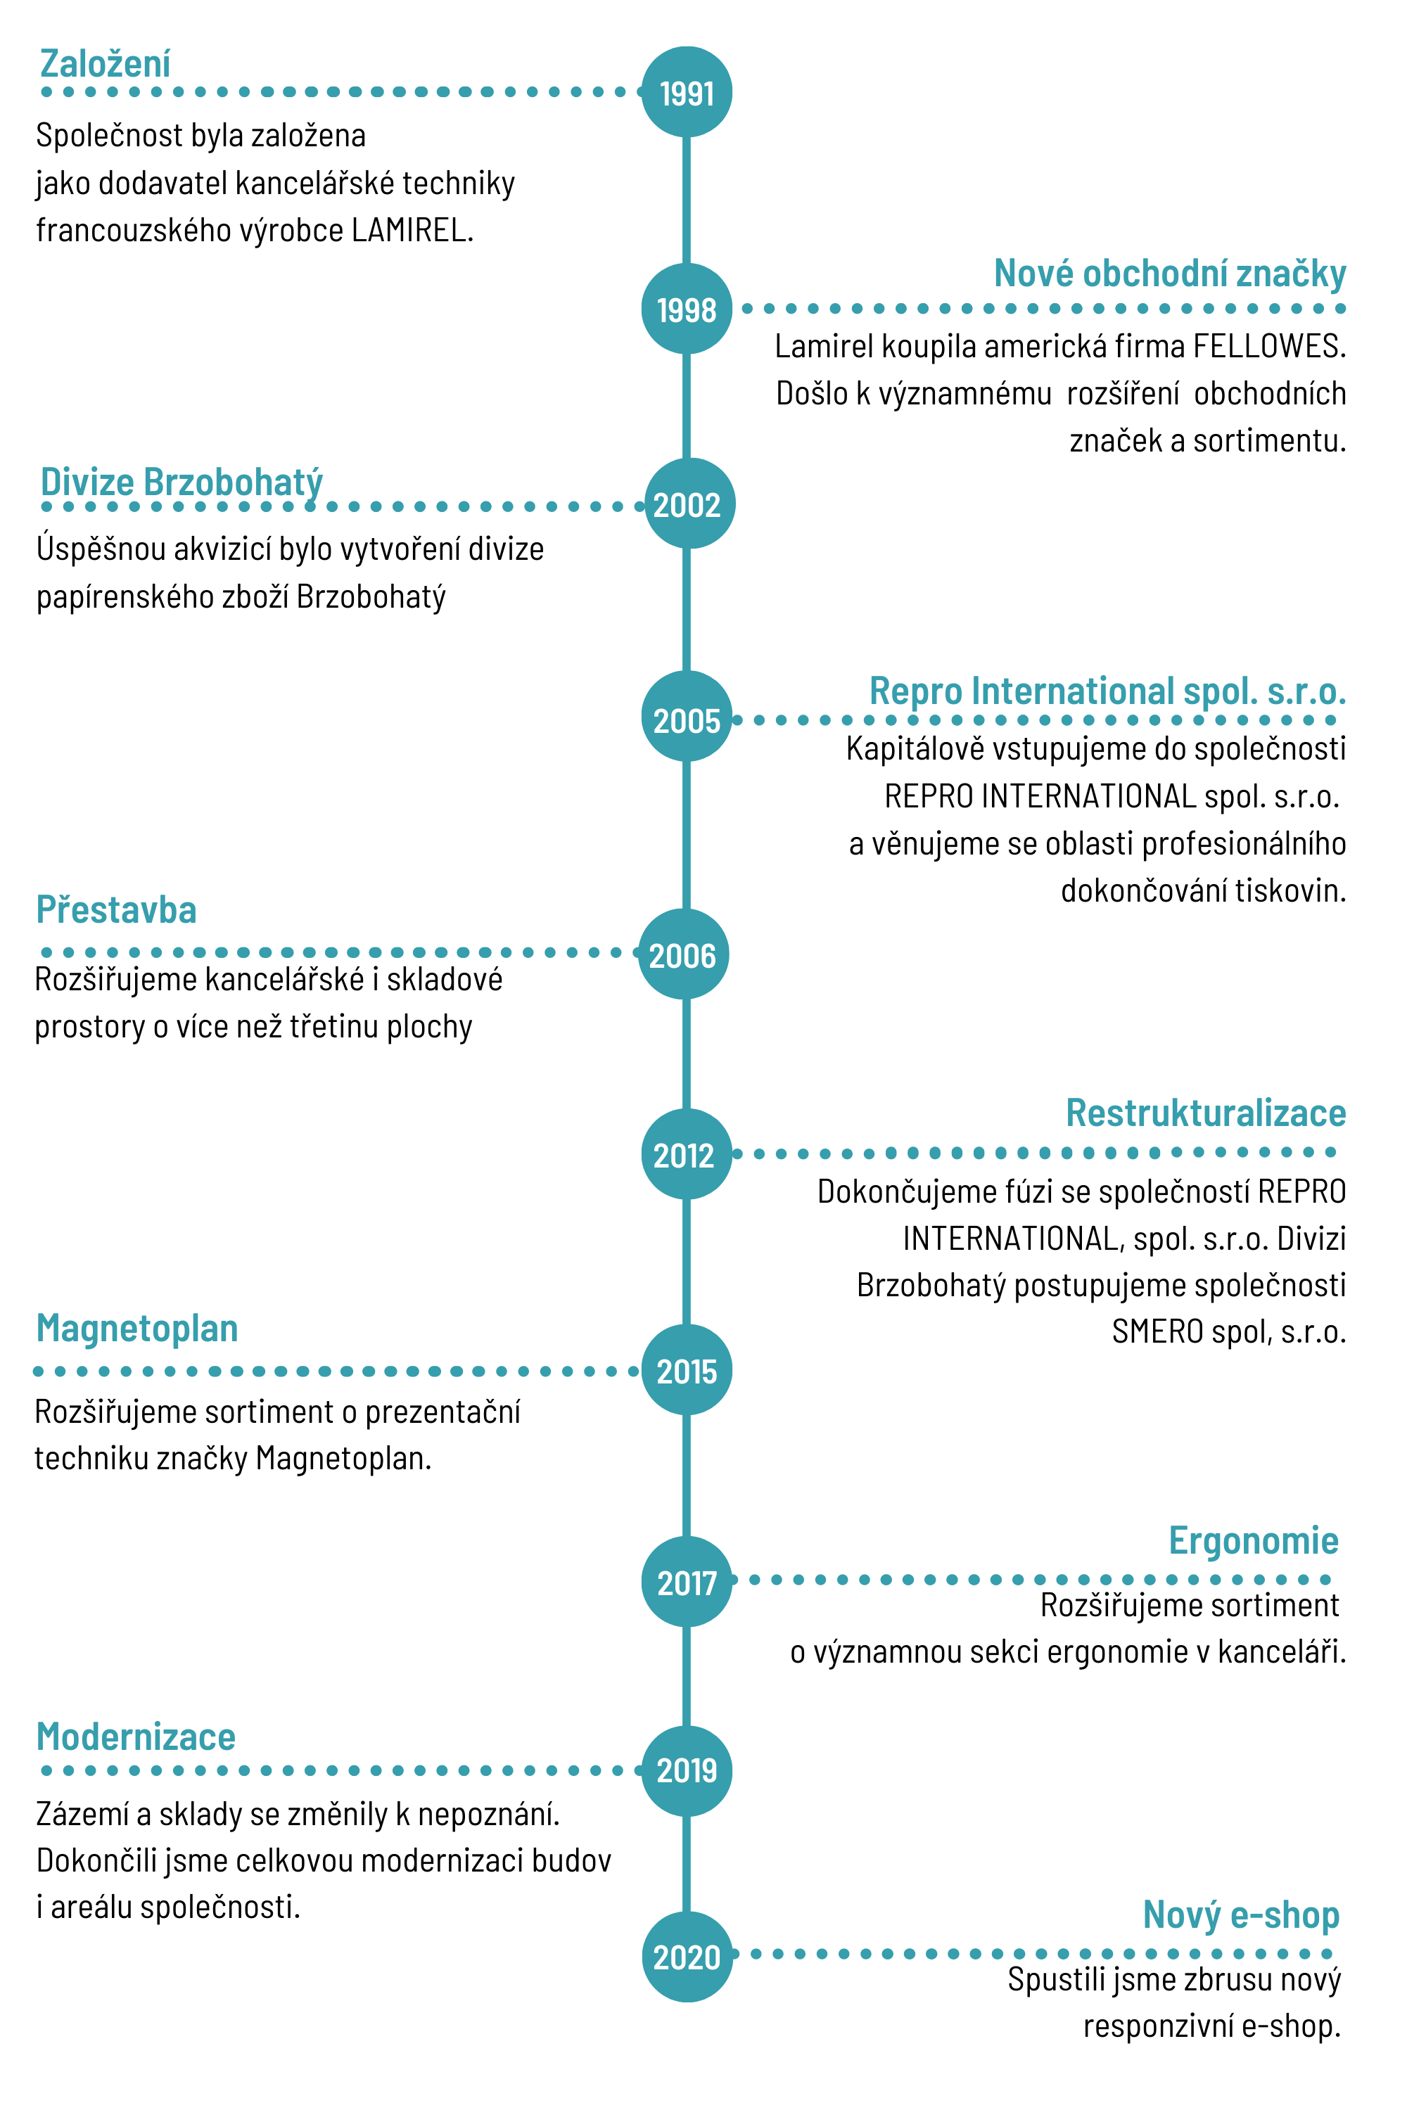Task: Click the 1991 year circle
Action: click(x=687, y=91)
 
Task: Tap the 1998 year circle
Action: click(x=687, y=309)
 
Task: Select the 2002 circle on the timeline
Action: click(x=689, y=504)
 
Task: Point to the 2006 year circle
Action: click(x=683, y=954)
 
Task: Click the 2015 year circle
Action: click(x=687, y=1370)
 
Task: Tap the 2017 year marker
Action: click(x=687, y=1582)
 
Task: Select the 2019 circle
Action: click(x=687, y=1771)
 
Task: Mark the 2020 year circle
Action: click(x=687, y=1957)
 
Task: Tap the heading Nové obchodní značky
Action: click(x=1170, y=274)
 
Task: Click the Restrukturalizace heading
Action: click(x=1206, y=1113)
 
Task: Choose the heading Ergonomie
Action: click(x=1254, y=1541)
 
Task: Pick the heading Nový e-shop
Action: click(x=1241, y=1915)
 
